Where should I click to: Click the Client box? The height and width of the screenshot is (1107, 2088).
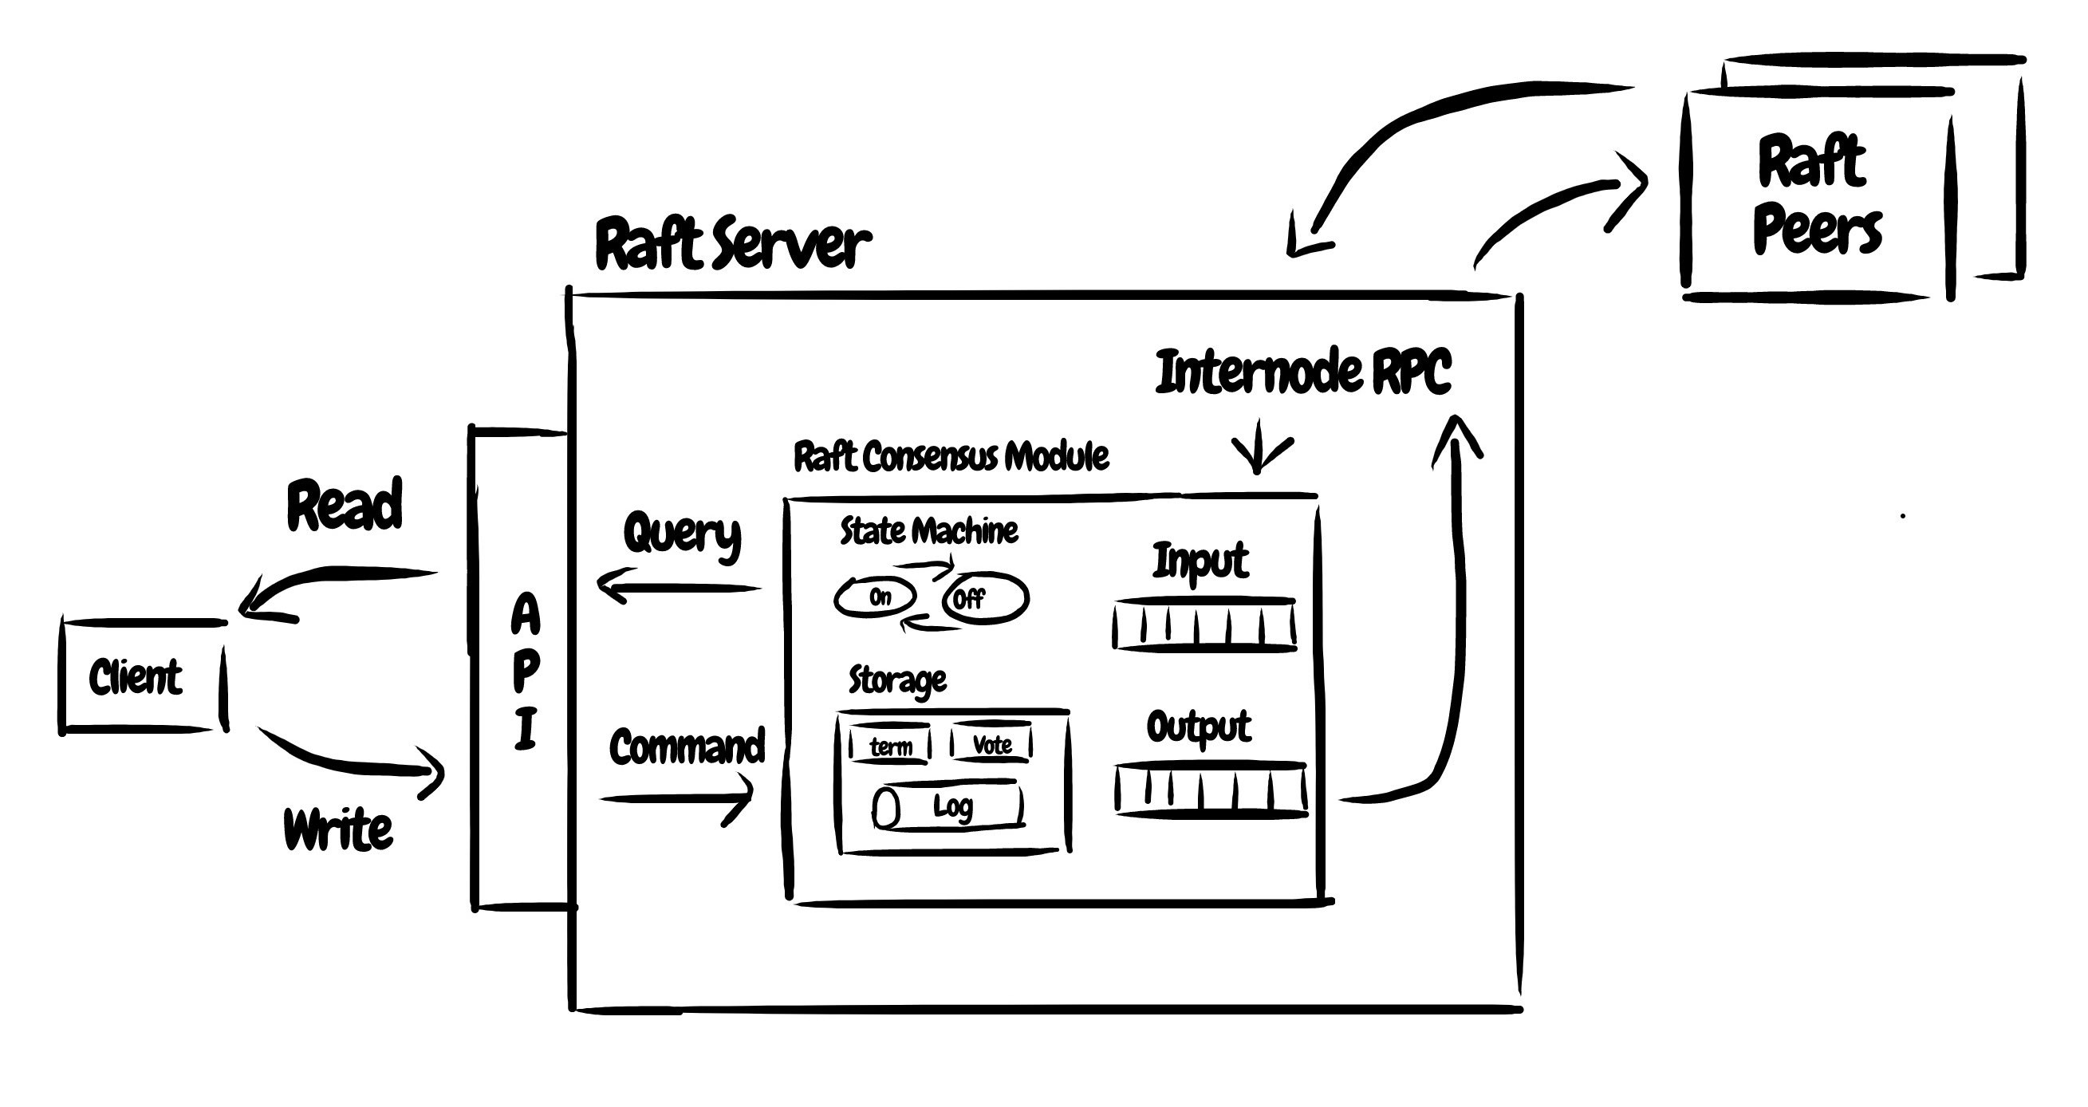pyautogui.click(x=143, y=676)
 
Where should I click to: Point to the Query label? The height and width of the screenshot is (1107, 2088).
pyautogui.click(x=682, y=534)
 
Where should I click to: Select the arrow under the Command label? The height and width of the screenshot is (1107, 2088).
pyautogui.click(x=678, y=798)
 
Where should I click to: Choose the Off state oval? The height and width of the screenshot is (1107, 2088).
pyautogui.click(x=986, y=599)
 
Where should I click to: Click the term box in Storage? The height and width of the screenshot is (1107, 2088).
pyautogui.click(x=890, y=745)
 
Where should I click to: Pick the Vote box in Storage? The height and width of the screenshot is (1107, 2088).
pyautogui.click(x=991, y=743)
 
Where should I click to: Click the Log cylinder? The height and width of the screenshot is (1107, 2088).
pyautogui.click(x=948, y=806)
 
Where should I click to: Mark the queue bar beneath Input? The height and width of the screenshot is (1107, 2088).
pyautogui.click(x=1204, y=625)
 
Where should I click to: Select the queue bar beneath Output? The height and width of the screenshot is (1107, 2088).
pyautogui.click(x=1211, y=789)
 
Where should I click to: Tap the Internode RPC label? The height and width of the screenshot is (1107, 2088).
pyautogui.click(x=1302, y=372)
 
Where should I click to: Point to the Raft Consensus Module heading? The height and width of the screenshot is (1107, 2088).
pyautogui.click(x=950, y=457)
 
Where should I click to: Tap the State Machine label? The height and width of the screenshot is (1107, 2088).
pyautogui.click(x=928, y=532)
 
